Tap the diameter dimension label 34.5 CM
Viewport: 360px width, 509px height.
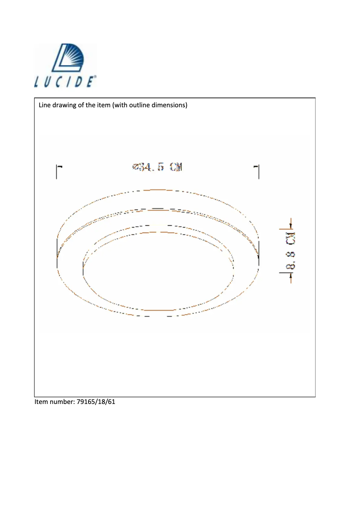(x=158, y=167)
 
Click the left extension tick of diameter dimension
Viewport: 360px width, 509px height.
(x=57, y=171)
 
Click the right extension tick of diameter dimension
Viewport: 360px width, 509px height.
(x=259, y=171)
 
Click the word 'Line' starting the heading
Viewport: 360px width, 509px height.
(x=45, y=105)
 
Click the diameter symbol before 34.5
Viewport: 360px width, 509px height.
(x=135, y=167)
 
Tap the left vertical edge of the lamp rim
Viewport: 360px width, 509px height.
(x=57, y=254)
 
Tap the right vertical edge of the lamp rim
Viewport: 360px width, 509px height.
(x=259, y=254)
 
